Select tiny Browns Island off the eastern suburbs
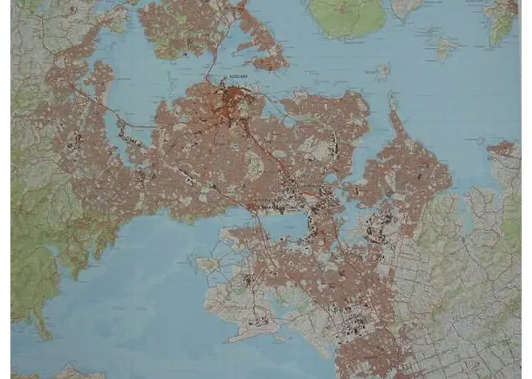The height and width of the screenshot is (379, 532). click(382, 71)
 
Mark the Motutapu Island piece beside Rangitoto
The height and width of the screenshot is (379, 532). click(405, 7)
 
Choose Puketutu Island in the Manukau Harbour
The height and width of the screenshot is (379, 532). click(211, 262)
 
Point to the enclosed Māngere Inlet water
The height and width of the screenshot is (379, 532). click(284, 227)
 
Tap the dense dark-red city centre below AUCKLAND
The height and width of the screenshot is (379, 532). click(234, 100)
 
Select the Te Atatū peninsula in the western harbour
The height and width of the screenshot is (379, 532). click(101, 80)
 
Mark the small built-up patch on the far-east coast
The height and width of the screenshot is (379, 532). click(502, 148)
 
